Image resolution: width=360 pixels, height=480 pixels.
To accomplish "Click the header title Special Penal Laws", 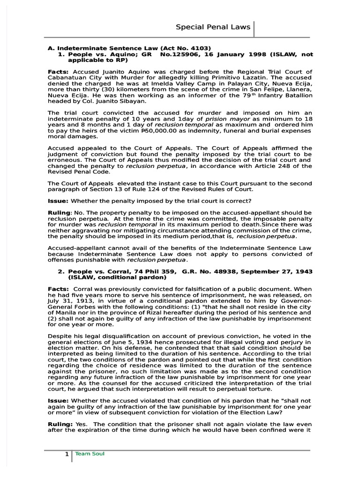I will (x=213, y=27).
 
